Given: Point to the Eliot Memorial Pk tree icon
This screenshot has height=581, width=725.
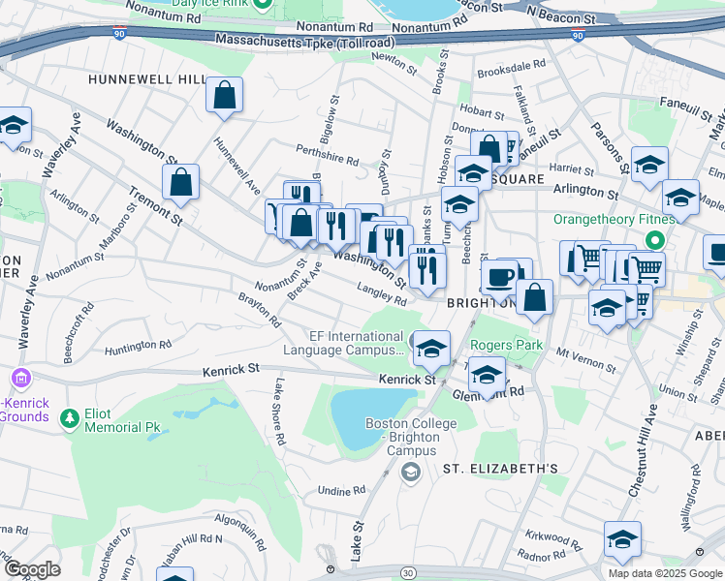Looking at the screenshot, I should click(69, 417).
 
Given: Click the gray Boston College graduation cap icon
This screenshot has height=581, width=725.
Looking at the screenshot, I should click(410, 472).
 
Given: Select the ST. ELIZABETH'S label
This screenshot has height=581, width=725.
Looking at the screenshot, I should click(500, 469).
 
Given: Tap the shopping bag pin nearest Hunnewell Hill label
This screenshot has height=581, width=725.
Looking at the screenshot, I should click(224, 96).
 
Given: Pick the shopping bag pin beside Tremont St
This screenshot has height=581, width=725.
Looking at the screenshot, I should click(180, 182).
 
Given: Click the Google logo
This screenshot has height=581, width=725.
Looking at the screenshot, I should click(32, 569).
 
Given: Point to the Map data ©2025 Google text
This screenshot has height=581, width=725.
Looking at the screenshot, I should click(665, 573).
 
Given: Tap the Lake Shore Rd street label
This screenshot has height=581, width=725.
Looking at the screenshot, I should click(279, 411).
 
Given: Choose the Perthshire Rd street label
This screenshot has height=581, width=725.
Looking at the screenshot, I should click(329, 154).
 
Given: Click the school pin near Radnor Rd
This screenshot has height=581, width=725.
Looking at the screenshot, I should click(622, 540).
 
